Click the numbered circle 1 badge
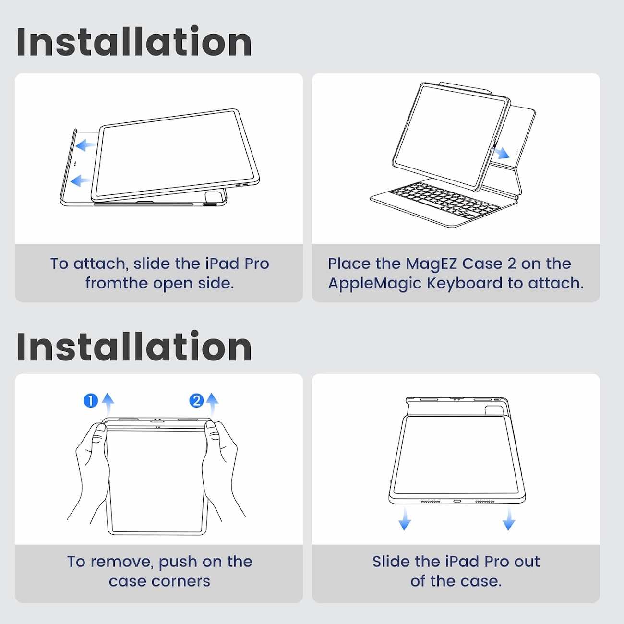click(x=91, y=401)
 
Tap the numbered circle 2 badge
click(x=196, y=401)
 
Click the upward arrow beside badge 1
click(x=108, y=404)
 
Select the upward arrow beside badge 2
click(x=212, y=404)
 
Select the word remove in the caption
click(x=120, y=563)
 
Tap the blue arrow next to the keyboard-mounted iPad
click(x=502, y=153)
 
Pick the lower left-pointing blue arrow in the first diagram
click(x=80, y=180)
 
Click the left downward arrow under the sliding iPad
click(x=405, y=519)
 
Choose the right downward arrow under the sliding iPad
click(x=509, y=519)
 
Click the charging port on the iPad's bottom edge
click(x=457, y=502)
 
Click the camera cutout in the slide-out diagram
click(x=494, y=410)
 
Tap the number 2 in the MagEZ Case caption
click(x=512, y=264)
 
